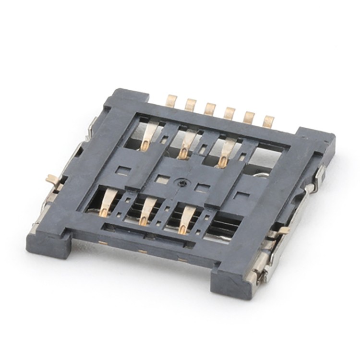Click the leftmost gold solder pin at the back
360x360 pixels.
coord(171,100)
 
